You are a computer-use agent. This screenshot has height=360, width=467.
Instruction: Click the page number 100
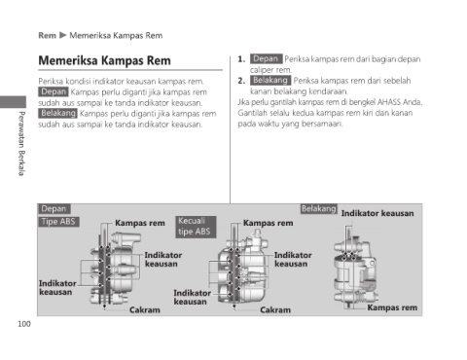pyautogui.click(x=24, y=324)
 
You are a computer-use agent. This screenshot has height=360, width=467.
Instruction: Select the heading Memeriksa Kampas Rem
pyautogui.click(x=104, y=60)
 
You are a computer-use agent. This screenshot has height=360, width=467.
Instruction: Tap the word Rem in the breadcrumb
pyautogui.click(x=47, y=35)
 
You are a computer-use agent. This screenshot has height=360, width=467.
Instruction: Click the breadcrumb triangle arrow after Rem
pyautogui.click(x=63, y=35)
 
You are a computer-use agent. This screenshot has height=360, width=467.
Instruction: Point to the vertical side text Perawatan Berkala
pyautogui.click(x=21, y=143)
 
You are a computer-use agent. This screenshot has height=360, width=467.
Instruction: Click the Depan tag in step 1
pyautogui.click(x=266, y=58)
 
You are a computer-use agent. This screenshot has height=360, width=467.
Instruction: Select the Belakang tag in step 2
pyautogui.click(x=270, y=80)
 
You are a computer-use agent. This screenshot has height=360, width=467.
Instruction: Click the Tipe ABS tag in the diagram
pyautogui.click(x=58, y=222)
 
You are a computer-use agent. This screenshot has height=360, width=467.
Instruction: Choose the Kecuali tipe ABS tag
pyautogui.click(x=196, y=227)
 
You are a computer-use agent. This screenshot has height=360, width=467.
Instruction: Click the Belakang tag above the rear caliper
pyautogui.click(x=319, y=209)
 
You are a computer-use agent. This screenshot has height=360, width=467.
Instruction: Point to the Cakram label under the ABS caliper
pyautogui.click(x=145, y=310)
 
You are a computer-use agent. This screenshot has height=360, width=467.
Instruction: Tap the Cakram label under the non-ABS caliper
pyautogui.click(x=275, y=310)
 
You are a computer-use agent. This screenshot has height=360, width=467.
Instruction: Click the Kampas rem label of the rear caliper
pyautogui.click(x=392, y=307)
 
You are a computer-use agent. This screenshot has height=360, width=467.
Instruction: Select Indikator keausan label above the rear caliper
pyautogui.click(x=377, y=213)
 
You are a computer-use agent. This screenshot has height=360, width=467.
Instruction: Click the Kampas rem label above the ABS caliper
pyautogui.click(x=140, y=223)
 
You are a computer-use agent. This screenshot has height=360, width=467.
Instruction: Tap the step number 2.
pyautogui.click(x=241, y=81)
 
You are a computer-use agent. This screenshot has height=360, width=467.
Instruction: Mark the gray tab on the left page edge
pyautogui.click(x=13, y=102)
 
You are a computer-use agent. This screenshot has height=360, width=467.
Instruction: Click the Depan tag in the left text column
pyautogui.click(x=54, y=91)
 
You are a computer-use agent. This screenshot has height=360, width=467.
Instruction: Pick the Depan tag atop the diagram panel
pyautogui.click(x=54, y=209)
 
